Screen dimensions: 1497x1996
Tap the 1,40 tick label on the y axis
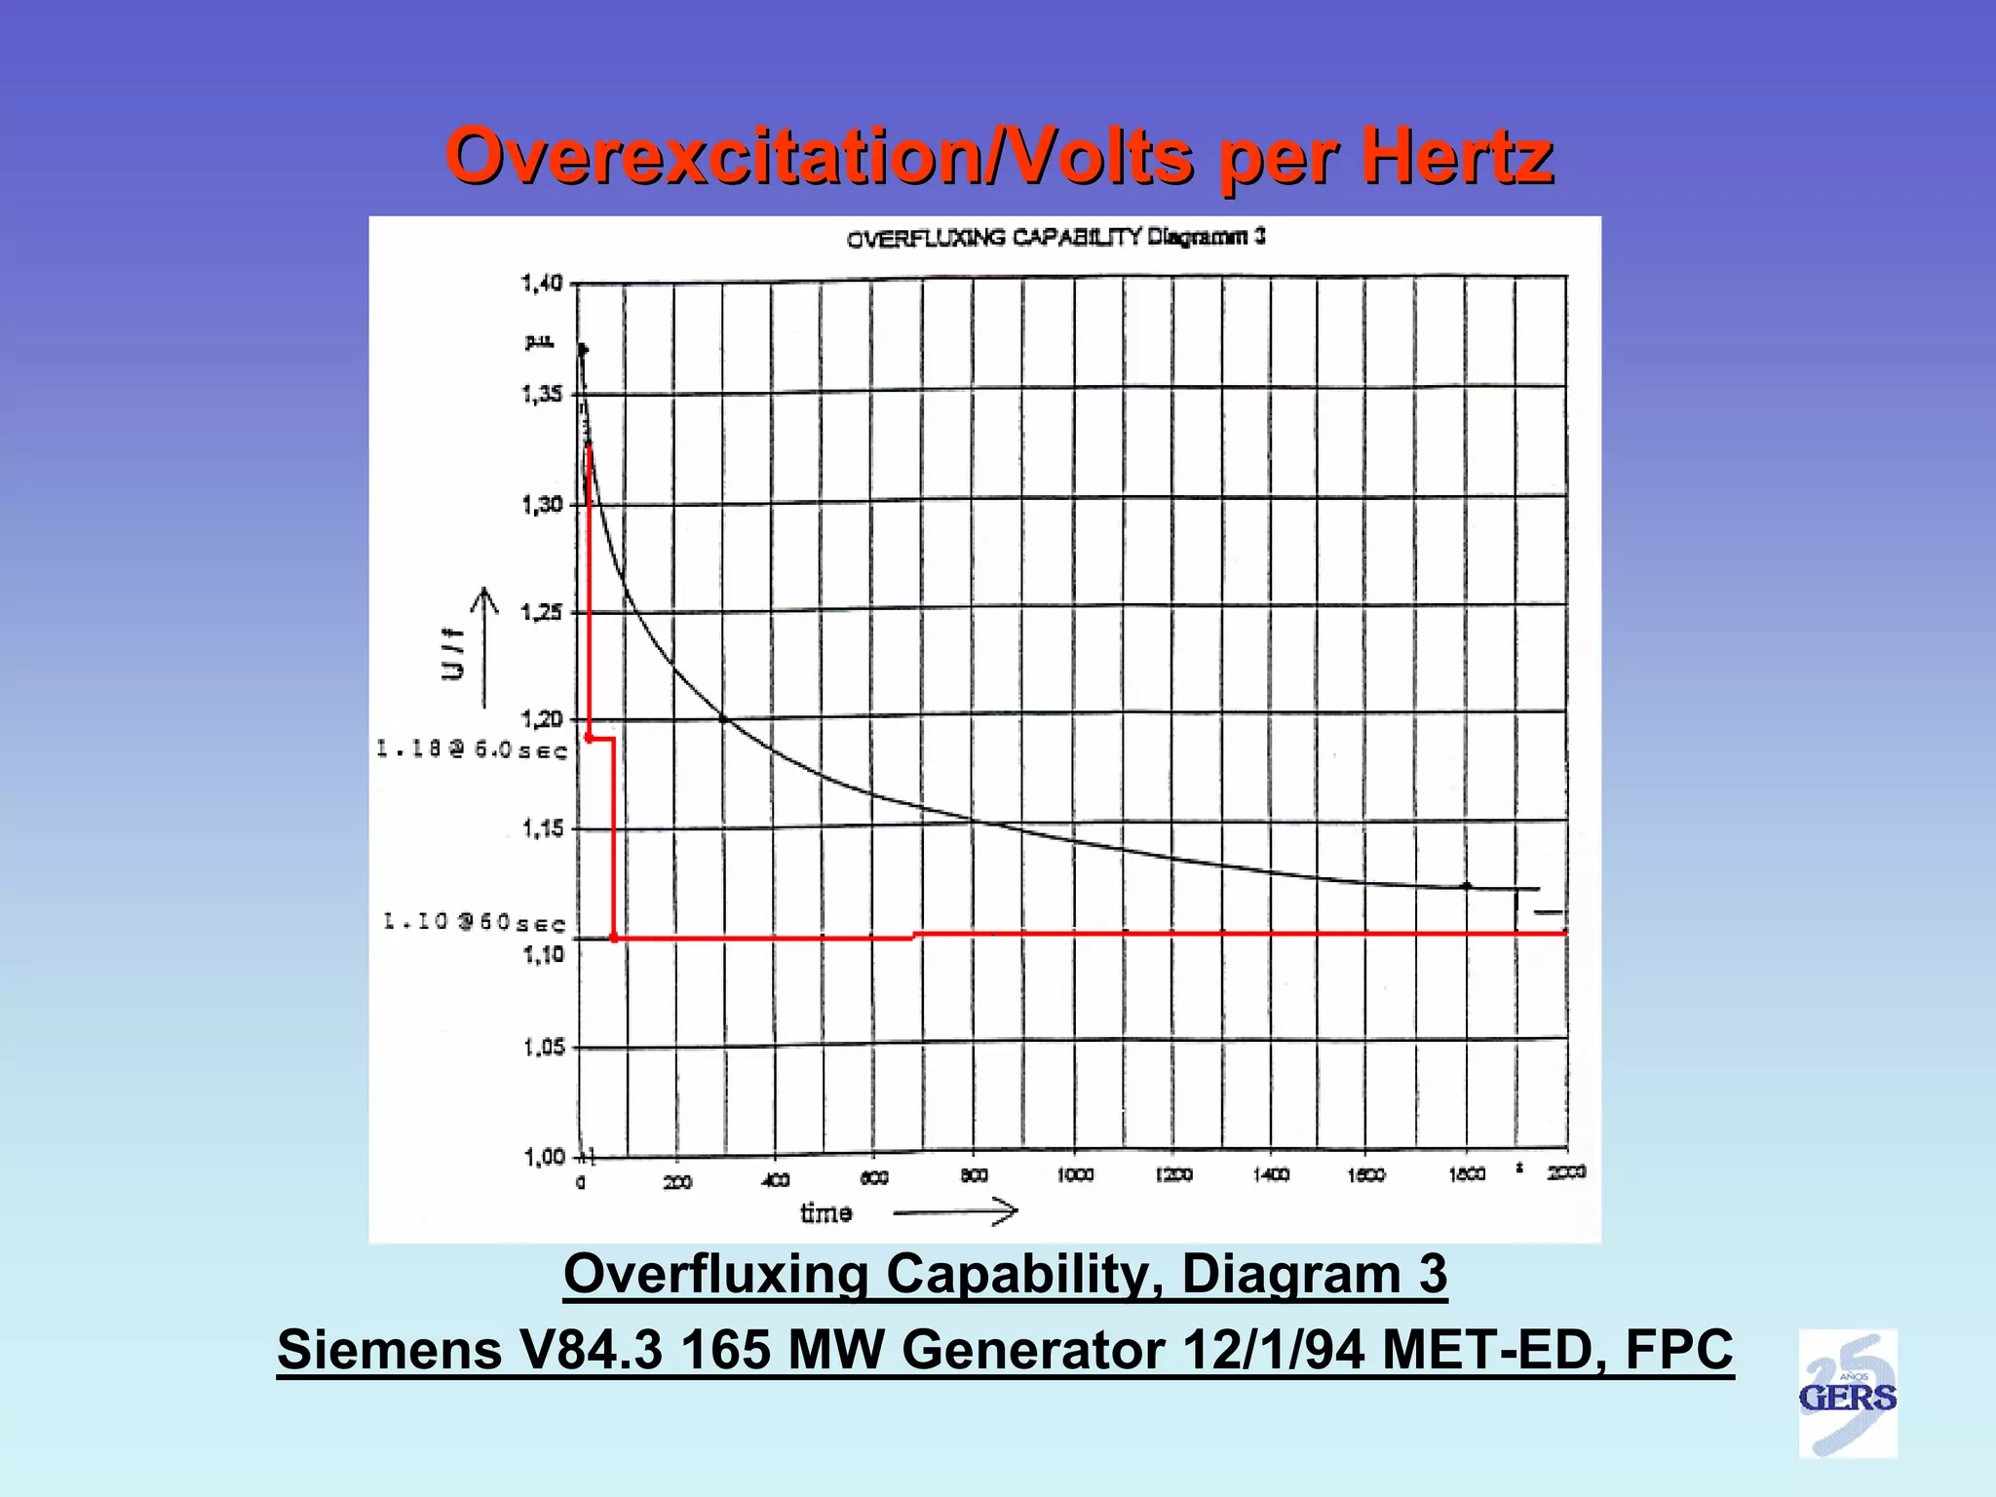coord(542,283)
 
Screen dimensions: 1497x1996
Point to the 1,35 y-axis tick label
coord(542,394)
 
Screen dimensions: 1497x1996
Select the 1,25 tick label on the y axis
coord(542,612)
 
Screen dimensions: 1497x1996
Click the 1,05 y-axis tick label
coord(544,1048)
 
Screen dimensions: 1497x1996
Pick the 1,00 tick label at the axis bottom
coord(544,1157)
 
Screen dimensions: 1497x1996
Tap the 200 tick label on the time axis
coord(677,1182)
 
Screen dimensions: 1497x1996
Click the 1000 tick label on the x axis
coord(1075,1175)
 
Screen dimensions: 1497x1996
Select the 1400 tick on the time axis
coord(1271,1175)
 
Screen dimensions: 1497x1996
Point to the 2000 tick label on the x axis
coord(1566,1172)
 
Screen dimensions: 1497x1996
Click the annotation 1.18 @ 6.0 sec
coord(473,749)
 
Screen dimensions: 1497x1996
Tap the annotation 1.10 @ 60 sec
coord(475,922)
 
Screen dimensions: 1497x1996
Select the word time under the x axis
coord(826,1213)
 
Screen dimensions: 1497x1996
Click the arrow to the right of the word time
coord(955,1211)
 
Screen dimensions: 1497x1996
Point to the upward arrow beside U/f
coord(484,648)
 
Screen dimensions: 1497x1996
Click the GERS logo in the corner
coord(1847,1395)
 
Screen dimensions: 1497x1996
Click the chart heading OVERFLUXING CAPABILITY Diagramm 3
coord(1056,237)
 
